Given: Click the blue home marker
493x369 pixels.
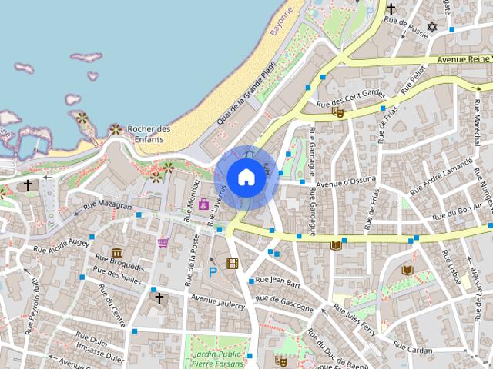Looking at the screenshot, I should (x=246, y=178).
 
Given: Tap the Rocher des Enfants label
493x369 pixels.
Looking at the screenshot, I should (x=149, y=134).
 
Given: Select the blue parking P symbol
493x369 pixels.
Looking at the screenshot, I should (x=213, y=271).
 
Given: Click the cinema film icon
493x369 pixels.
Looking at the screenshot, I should (x=232, y=264).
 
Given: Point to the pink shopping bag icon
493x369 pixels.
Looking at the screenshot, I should (x=203, y=204).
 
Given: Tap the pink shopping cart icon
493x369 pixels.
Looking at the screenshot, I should (x=163, y=242).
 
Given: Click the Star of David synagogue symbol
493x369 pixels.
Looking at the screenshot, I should (x=431, y=28).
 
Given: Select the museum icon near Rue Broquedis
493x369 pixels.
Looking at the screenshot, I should (x=116, y=252).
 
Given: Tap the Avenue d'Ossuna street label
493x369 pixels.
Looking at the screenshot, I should (x=347, y=181).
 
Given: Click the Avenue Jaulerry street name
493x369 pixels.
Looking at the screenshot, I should (x=217, y=300).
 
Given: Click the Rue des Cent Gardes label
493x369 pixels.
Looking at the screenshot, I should (x=350, y=98).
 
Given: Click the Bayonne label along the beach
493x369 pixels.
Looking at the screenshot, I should (x=283, y=22).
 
